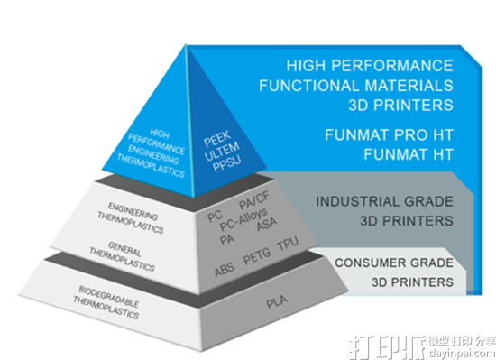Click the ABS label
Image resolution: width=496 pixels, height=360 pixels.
pyautogui.click(x=225, y=269)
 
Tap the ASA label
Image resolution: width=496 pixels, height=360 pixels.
pyautogui.click(x=268, y=226)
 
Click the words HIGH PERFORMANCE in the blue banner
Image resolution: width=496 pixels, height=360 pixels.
pyautogui.click(x=370, y=66)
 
